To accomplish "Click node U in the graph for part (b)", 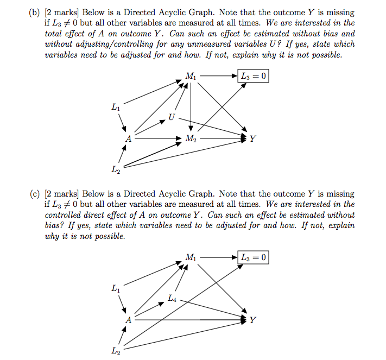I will click(x=172, y=117).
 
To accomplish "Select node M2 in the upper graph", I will click(x=191, y=138).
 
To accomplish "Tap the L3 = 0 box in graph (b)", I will click(x=253, y=77).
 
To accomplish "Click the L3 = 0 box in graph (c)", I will click(x=253, y=257).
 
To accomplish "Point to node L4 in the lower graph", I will click(x=172, y=298).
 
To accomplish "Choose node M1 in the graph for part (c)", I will click(x=190, y=257).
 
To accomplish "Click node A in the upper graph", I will click(x=128, y=138).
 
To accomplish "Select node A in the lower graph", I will click(x=128, y=320).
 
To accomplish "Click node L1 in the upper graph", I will click(x=115, y=108).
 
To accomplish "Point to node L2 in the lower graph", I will click(x=115, y=351).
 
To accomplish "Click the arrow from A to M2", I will click(x=157, y=138).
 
